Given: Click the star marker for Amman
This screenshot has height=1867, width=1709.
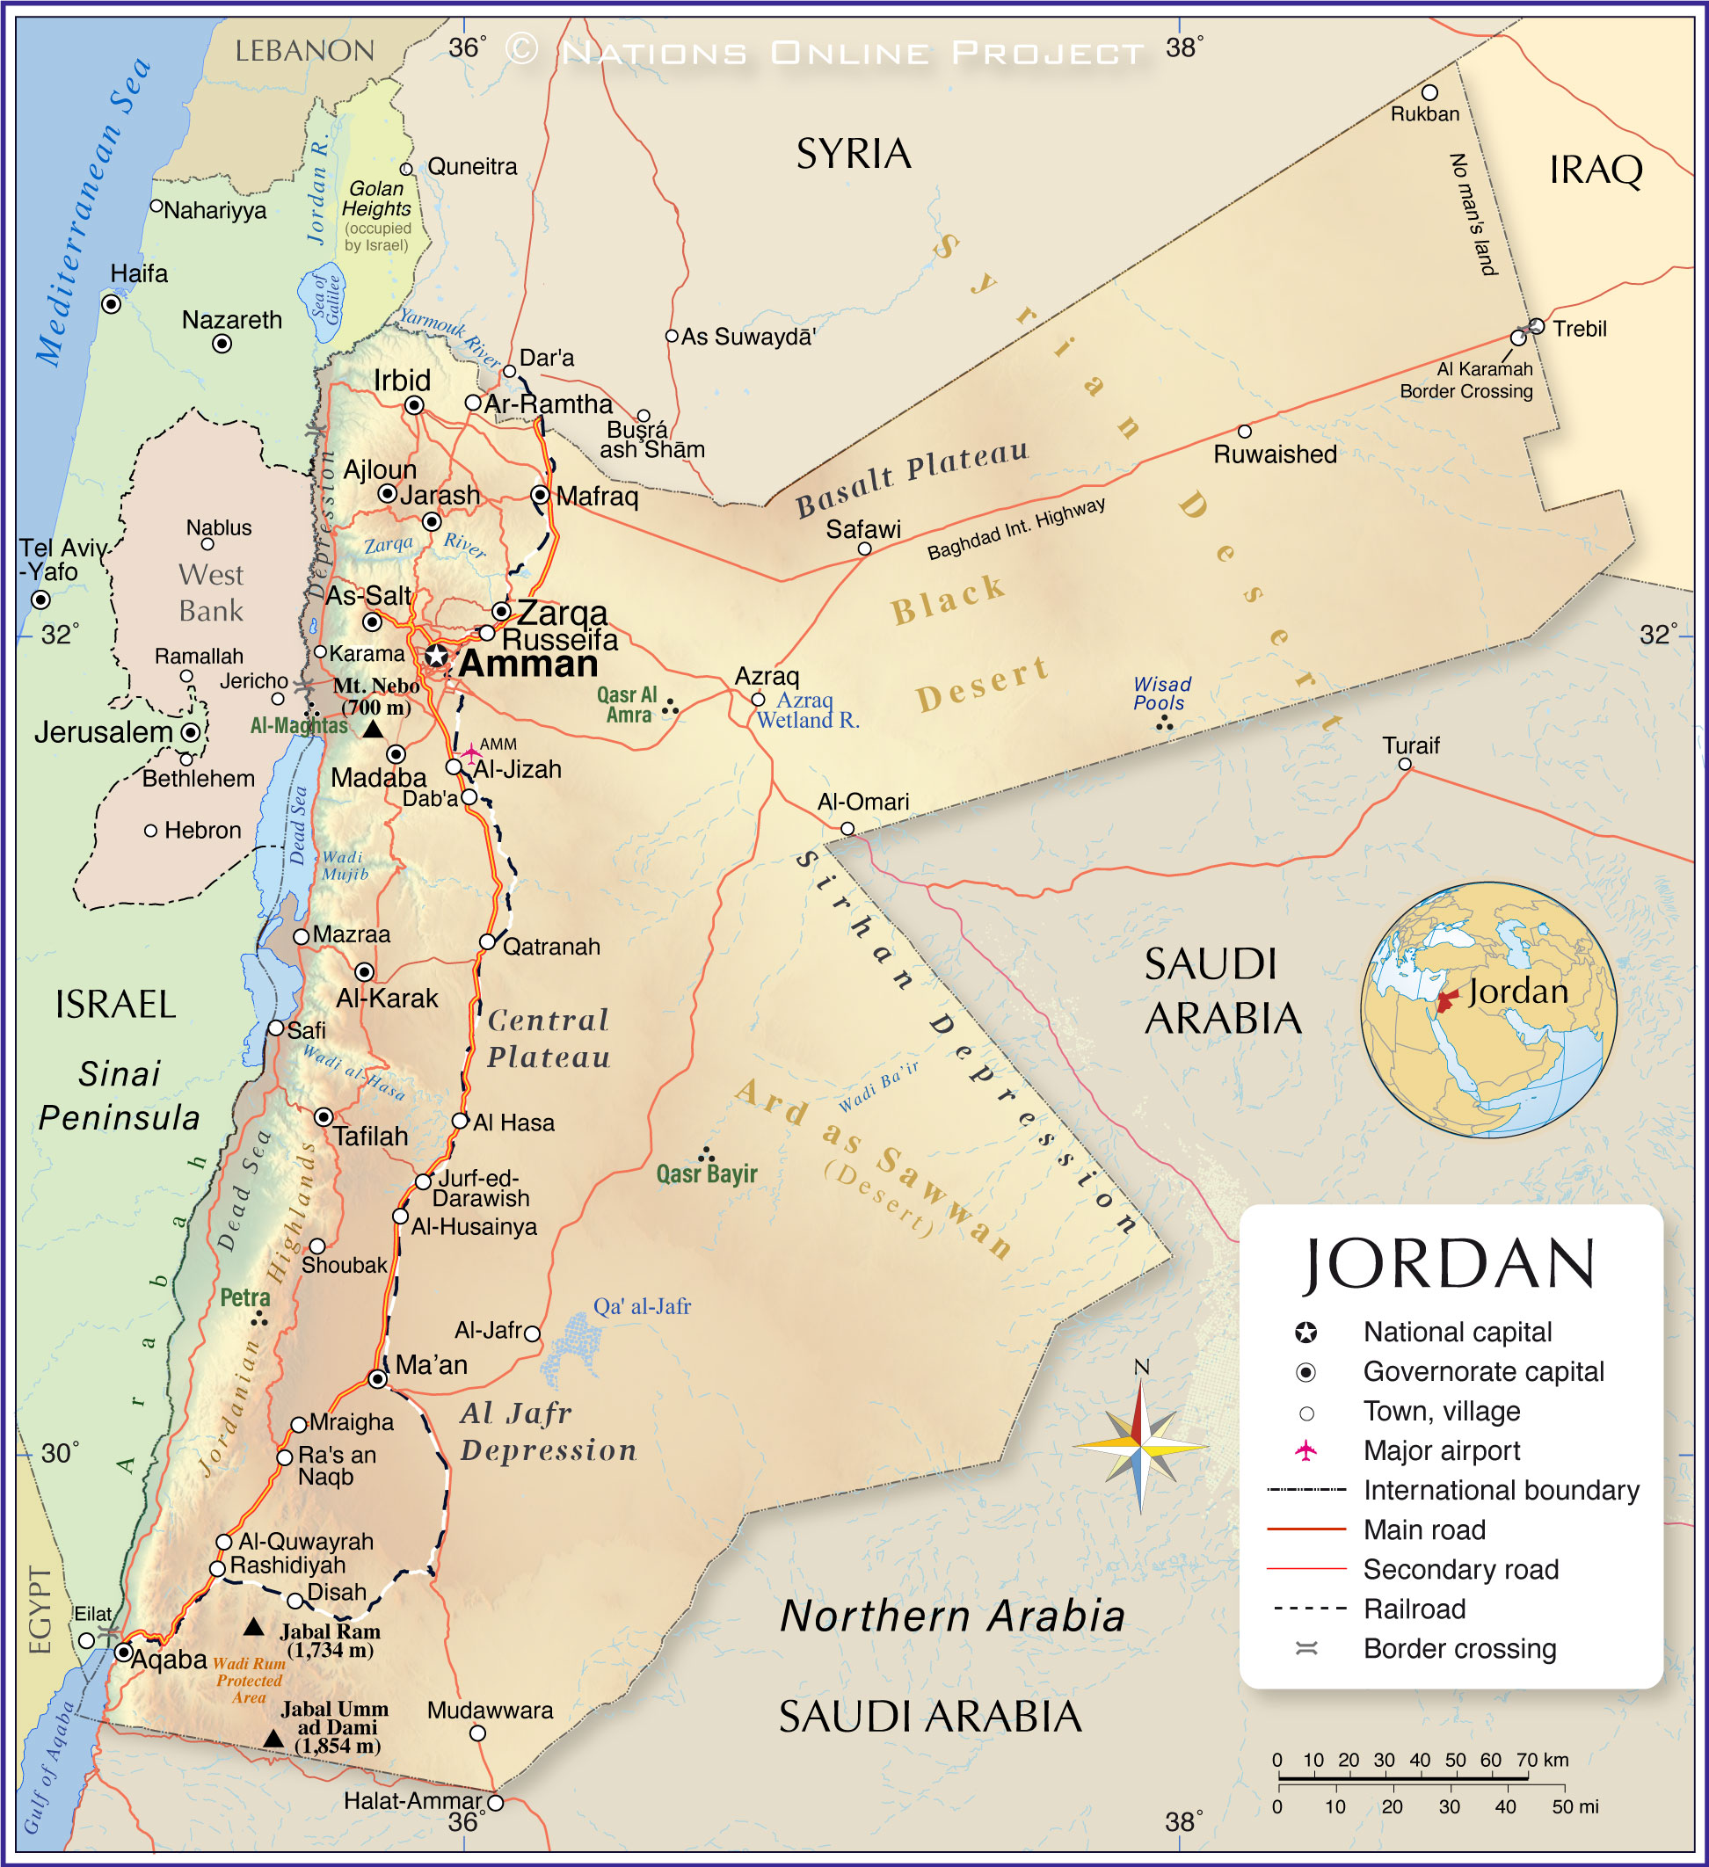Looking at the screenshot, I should (x=436, y=656).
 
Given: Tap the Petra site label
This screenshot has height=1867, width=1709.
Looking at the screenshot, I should (x=244, y=1297).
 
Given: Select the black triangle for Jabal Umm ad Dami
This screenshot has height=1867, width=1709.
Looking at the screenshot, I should (x=273, y=1739).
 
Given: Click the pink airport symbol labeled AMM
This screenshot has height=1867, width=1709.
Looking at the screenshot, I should (x=471, y=751).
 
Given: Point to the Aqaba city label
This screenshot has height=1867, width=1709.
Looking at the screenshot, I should (x=168, y=1659).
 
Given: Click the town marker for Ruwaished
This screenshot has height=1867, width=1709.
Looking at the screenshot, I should (x=1244, y=432).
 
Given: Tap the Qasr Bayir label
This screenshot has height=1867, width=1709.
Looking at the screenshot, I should (x=706, y=1174).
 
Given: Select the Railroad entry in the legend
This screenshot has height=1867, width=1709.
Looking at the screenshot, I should (x=1414, y=1609).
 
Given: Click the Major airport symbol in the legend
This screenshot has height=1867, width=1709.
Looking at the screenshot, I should (x=1305, y=1450).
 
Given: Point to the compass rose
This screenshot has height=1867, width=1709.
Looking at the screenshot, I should (x=1141, y=1446).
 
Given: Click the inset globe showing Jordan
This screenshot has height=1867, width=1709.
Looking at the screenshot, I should (x=1487, y=1009).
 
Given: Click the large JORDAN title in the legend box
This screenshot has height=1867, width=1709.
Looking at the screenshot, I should (x=1450, y=1264).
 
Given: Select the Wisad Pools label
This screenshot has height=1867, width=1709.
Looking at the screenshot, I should (x=1161, y=693).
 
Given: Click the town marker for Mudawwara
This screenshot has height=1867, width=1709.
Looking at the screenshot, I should (x=477, y=1733).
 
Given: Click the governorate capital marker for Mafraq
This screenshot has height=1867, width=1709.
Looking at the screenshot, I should (x=540, y=495).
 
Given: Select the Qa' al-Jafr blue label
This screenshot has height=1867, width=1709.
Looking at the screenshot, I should (x=641, y=1306).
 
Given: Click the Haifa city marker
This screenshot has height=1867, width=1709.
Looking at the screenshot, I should (x=111, y=304).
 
